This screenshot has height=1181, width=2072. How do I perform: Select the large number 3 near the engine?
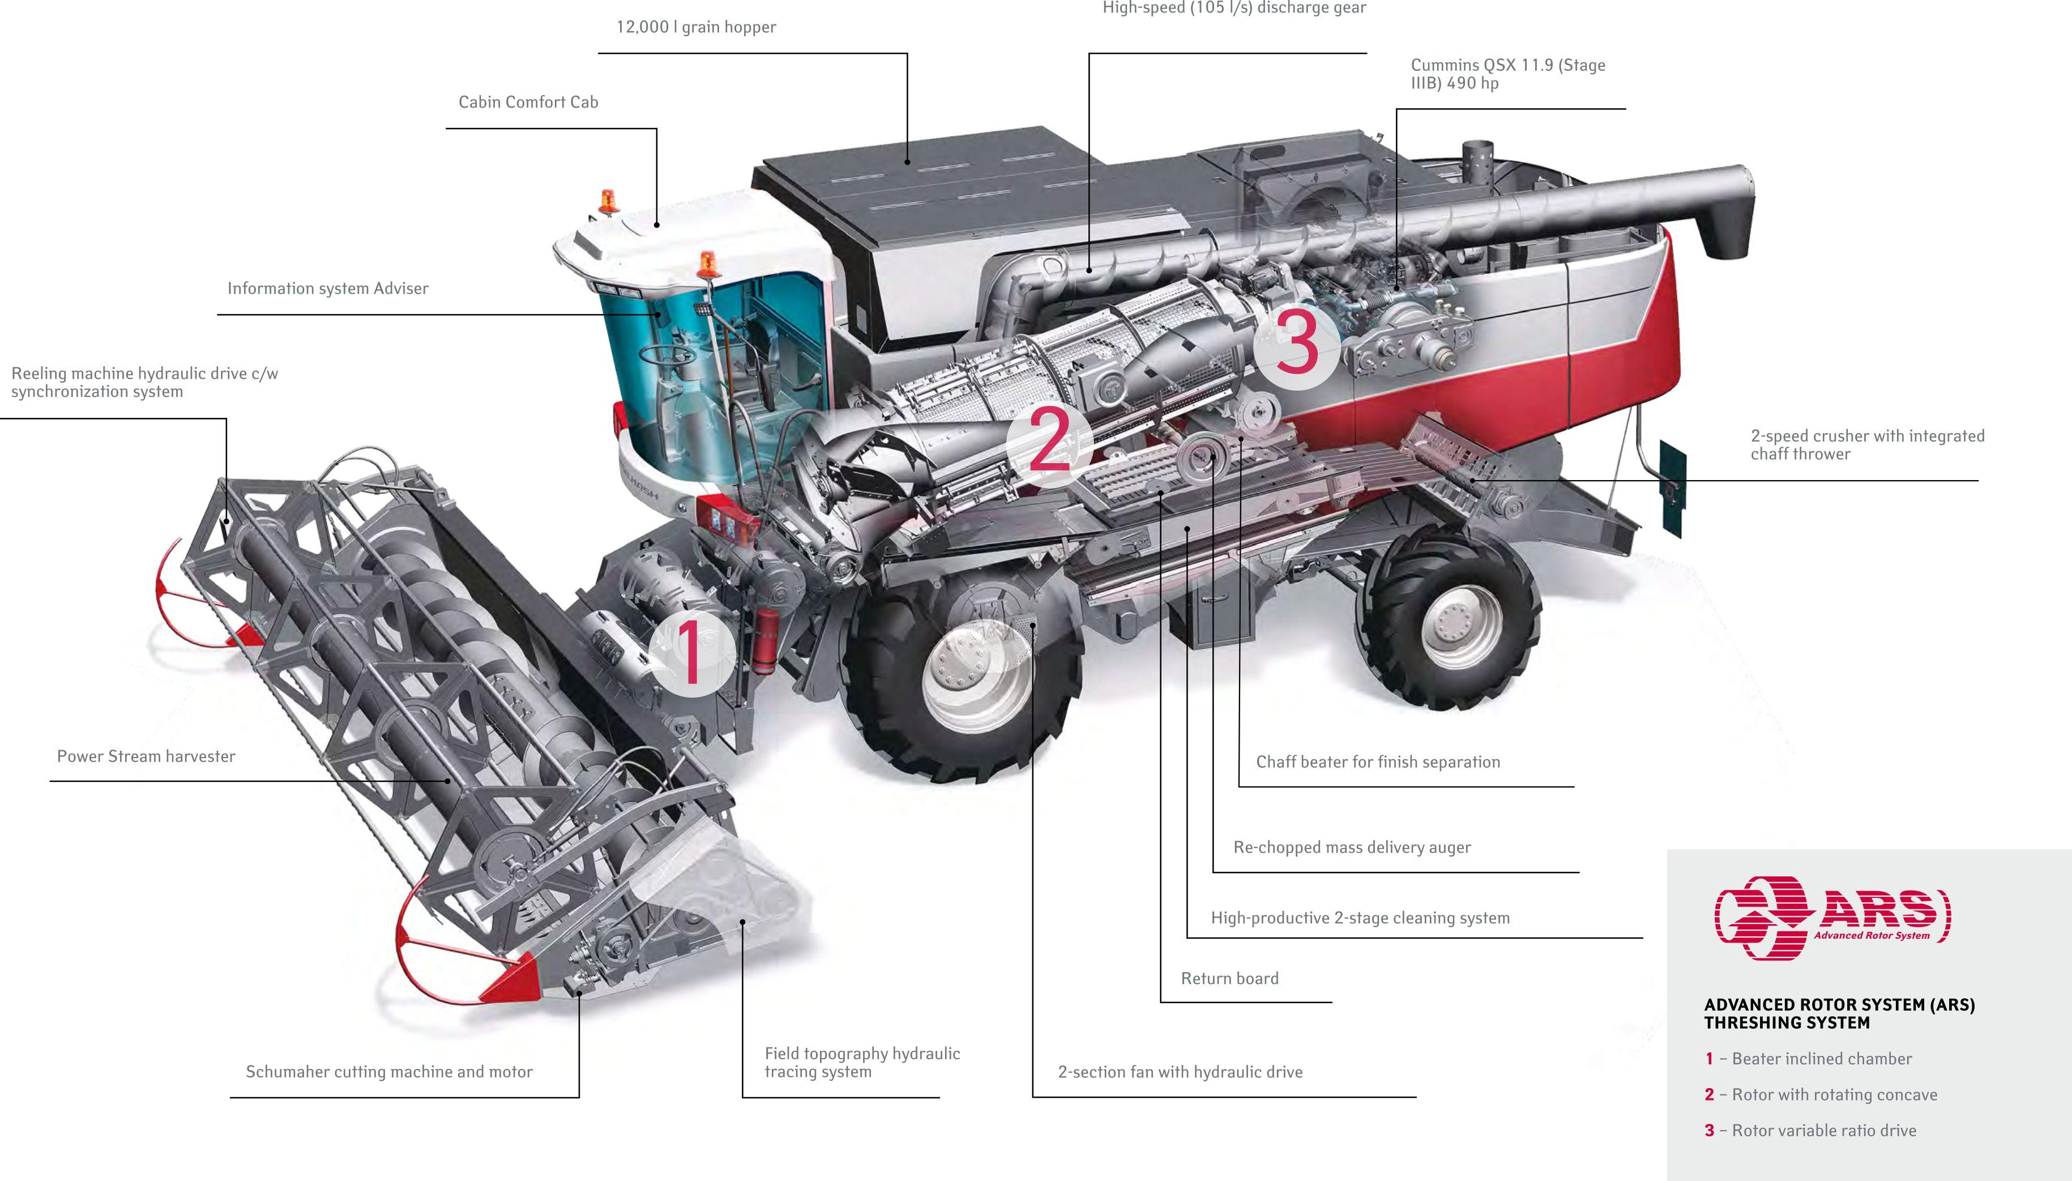[x=1296, y=343]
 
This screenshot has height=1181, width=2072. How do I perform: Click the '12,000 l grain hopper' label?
[x=696, y=27]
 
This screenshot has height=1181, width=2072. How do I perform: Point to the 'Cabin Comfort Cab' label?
[x=528, y=102]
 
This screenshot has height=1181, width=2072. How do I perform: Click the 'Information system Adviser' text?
[x=328, y=289]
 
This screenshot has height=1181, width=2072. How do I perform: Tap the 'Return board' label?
[x=1230, y=979]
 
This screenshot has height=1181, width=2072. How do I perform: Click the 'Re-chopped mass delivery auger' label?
[x=1352, y=848]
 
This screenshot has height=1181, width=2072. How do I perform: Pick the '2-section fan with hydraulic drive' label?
[x=1181, y=1072]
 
